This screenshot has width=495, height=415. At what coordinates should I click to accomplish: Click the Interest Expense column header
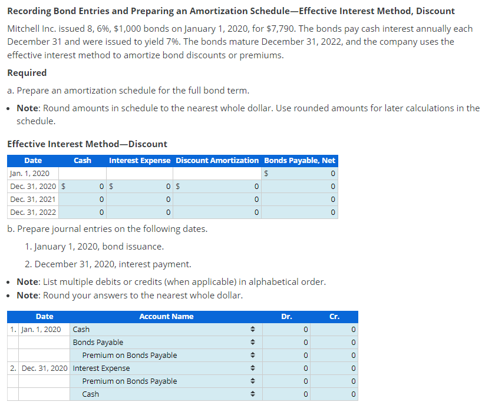(x=140, y=160)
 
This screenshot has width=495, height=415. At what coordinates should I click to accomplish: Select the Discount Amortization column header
(x=217, y=160)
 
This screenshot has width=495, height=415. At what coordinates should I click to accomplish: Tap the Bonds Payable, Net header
(x=299, y=160)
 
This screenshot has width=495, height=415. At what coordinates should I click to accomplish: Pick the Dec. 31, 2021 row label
(x=33, y=199)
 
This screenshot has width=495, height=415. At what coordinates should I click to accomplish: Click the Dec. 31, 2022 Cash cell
(x=83, y=212)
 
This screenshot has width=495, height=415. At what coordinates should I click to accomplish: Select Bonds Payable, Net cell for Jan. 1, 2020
(x=299, y=174)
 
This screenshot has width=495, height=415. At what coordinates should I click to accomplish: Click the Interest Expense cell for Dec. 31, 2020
(x=140, y=187)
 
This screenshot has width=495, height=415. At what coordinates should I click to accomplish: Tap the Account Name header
(x=166, y=317)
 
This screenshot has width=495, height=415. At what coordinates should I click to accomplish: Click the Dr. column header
(x=286, y=317)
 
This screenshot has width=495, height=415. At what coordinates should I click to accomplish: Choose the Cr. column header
(x=334, y=317)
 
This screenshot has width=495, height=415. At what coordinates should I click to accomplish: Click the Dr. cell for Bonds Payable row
(x=286, y=343)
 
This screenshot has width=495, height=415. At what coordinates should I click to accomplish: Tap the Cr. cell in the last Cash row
(x=334, y=394)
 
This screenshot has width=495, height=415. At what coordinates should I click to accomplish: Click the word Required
(x=27, y=73)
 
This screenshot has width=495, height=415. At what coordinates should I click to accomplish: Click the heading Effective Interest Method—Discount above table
(x=87, y=144)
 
